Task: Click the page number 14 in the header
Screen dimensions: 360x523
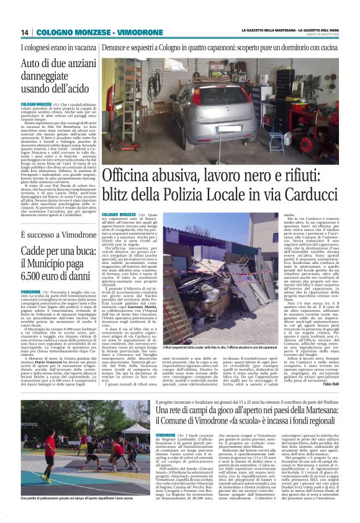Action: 24,32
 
